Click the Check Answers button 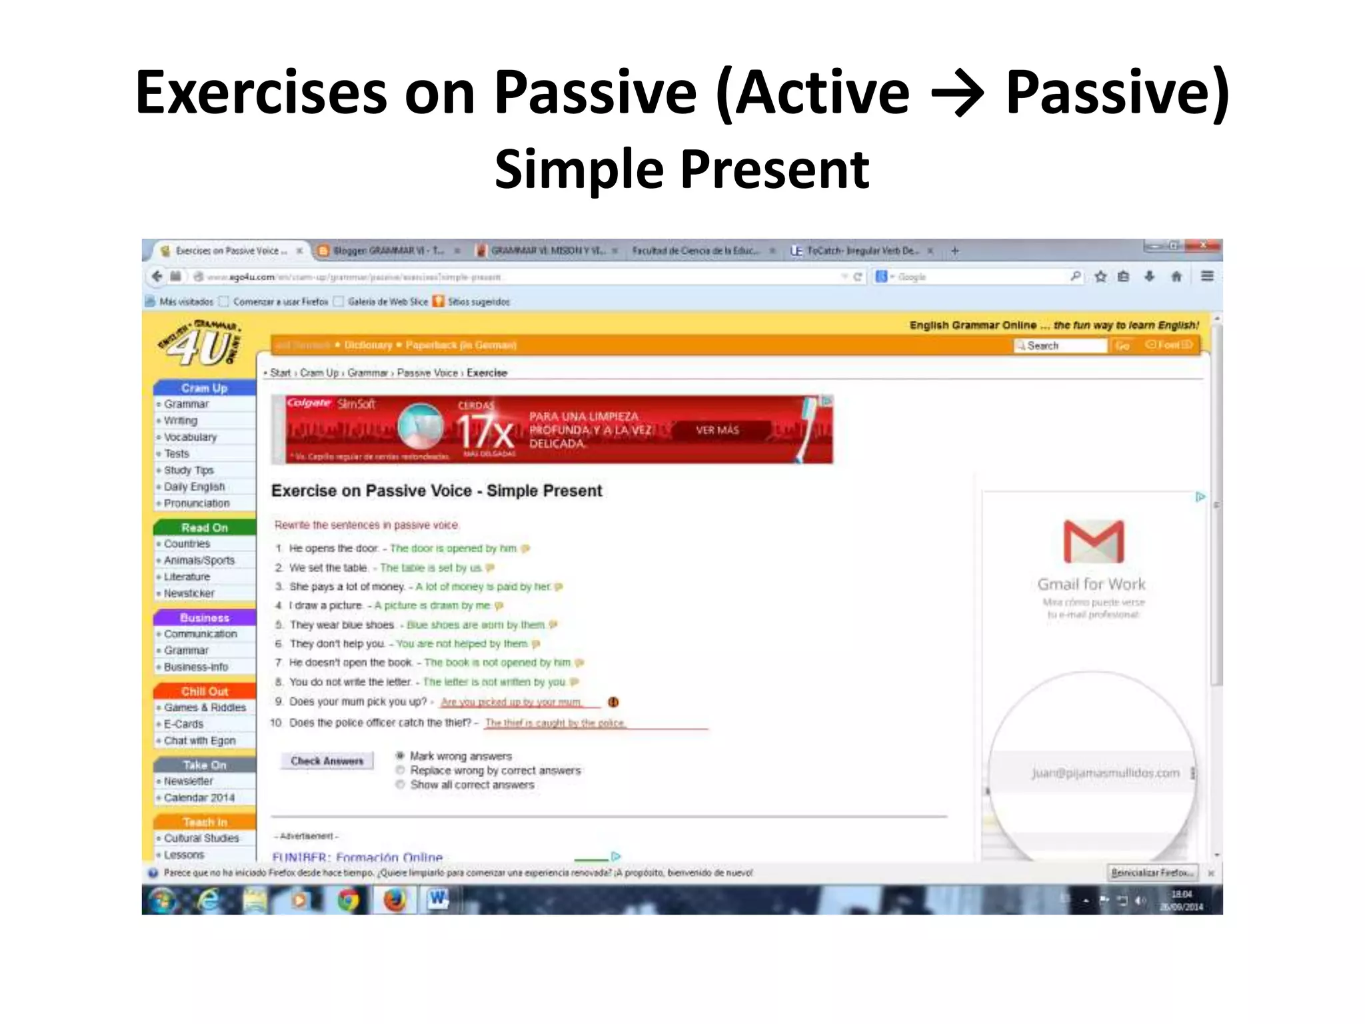[x=327, y=761]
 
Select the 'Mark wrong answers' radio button [x=400, y=755]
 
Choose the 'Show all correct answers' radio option [x=400, y=785]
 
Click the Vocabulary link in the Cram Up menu [x=191, y=437]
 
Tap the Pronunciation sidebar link [x=197, y=503]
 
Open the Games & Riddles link [x=205, y=707]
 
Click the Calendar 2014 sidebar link [x=199, y=797]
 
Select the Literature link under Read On [x=187, y=577]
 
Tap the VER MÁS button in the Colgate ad [x=717, y=431]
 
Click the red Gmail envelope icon [x=1093, y=541]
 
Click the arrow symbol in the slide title [x=957, y=93]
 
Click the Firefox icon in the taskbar [x=395, y=900]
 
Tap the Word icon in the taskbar [x=438, y=900]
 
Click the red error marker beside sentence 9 [x=613, y=702]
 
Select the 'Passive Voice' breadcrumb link [x=427, y=373]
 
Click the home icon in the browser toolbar [x=1176, y=276]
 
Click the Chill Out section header [x=205, y=691]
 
